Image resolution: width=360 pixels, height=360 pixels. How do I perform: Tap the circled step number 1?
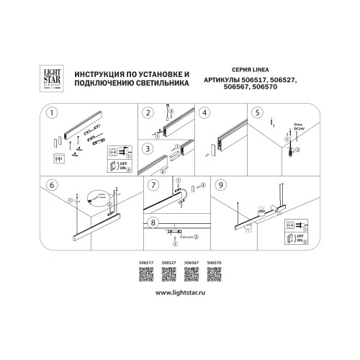point(52,114)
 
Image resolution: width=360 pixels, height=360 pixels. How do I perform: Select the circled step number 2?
point(149,113)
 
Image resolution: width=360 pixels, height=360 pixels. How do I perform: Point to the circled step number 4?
point(204,113)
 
